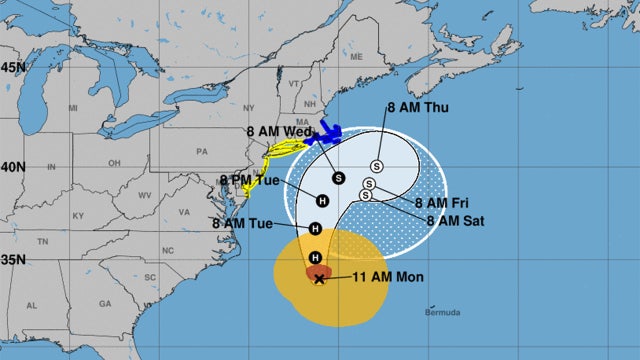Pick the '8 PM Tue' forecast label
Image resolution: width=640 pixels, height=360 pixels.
(x=249, y=181)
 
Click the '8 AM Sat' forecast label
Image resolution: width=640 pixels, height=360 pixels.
(x=455, y=221)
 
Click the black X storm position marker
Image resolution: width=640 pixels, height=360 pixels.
(x=320, y=278)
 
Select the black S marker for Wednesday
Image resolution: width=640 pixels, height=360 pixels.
(x=339, y=178)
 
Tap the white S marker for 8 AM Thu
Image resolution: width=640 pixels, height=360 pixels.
(x=377, y=166)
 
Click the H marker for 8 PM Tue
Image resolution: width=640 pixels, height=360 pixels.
(x=322, y=200)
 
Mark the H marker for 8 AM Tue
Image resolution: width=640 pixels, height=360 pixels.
(x=315, y=230)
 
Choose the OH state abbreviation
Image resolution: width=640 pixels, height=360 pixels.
(x=115, y=163)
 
